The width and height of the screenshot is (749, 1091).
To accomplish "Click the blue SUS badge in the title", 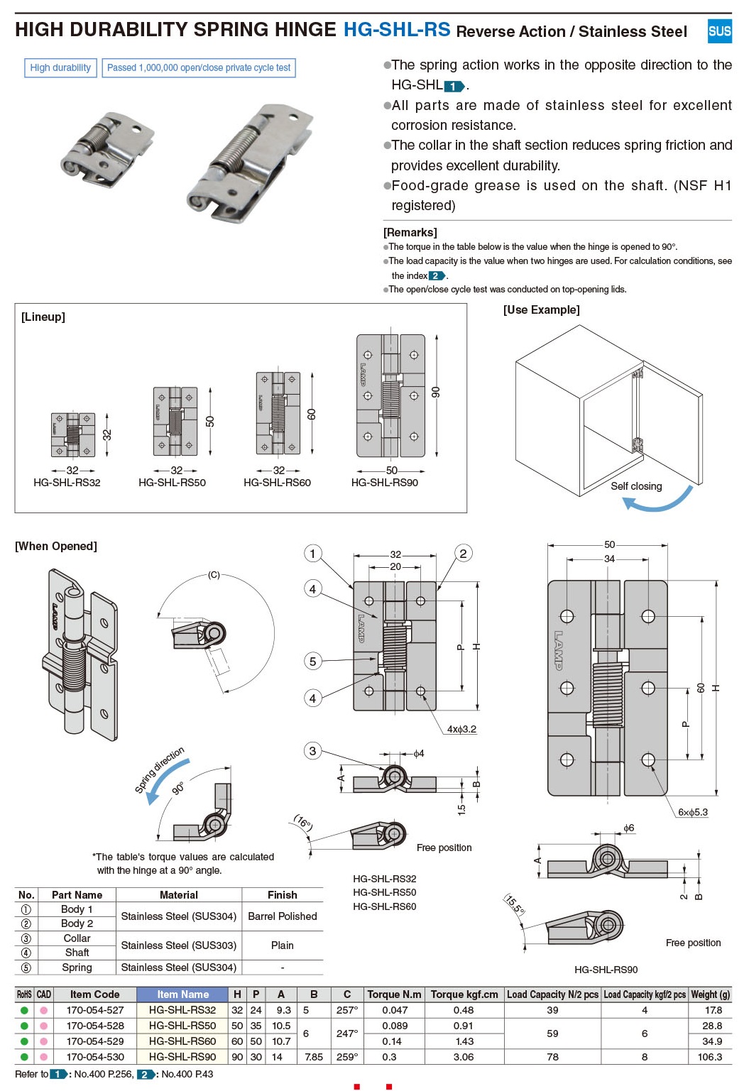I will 719,31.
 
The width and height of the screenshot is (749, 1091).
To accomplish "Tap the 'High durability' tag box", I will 60,67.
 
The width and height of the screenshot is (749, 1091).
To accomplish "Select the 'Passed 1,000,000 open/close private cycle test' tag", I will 199,67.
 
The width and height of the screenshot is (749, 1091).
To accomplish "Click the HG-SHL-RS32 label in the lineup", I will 67,483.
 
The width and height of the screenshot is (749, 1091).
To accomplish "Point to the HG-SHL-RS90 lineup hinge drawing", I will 390,396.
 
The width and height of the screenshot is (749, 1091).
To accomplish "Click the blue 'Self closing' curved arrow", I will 658,501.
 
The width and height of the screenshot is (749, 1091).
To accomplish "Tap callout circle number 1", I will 313,554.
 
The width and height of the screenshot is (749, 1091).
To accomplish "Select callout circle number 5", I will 313,662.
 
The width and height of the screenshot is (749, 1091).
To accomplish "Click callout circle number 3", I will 313,751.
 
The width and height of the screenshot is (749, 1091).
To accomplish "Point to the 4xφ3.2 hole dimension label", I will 461,729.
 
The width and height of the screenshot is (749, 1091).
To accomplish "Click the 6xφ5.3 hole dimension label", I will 692,812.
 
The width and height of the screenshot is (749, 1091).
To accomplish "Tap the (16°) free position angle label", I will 303,823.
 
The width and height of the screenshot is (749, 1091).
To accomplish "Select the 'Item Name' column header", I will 182,994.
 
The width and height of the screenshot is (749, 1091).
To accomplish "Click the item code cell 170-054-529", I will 95,1041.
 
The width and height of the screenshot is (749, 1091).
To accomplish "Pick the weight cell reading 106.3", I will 709,1057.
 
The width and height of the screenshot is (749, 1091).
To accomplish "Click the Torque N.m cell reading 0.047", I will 395,1010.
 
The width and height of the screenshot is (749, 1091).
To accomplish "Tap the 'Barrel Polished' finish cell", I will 282,916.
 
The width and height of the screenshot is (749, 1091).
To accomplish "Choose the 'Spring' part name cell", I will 77,967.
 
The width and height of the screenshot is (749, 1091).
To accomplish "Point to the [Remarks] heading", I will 410,232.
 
